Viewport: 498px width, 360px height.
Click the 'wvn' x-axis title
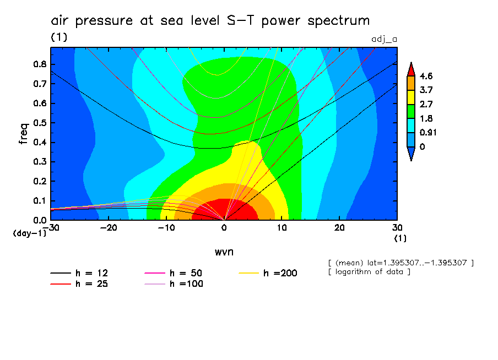coord(224,252)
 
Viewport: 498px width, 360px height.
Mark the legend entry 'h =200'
coord(280,273)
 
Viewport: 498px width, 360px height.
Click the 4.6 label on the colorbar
coord(426,76)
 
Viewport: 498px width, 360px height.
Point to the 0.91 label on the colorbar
coord(429,133)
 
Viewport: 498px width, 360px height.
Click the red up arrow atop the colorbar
coord(410,69)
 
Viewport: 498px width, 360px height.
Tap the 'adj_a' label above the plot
coord(385,39)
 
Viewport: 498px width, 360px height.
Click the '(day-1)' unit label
coord(30,233)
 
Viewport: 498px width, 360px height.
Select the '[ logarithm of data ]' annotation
coord(369,272)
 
